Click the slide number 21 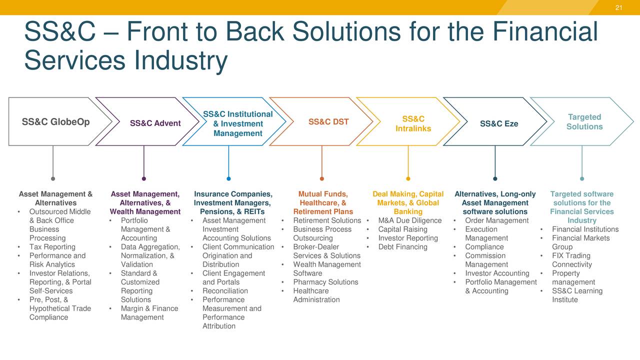(618, 7)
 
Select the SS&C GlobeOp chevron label (56, 122)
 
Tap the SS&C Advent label (155, 123)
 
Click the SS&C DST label (328, 122)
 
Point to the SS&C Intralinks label (413, 124)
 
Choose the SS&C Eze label (499, 123)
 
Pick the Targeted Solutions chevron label (584, 122)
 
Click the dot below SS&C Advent (144, 178)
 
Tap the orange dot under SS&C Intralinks (408, 178)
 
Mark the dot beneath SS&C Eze (495, 178)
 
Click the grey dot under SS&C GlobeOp (53, 178)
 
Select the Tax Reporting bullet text (52, 247)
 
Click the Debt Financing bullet (402, 247)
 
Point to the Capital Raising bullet (402, 229)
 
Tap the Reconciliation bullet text (225, 291)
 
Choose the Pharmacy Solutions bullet (325, 282)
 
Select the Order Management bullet (496, 220)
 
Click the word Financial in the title (545, 31)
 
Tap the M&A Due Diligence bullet (410, 220)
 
